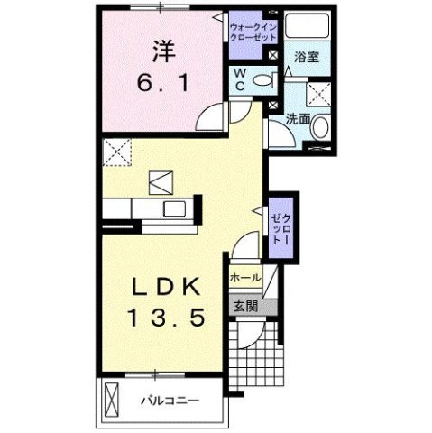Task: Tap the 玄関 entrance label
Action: tap(245, 305)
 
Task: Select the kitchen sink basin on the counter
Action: tap(171, 210)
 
